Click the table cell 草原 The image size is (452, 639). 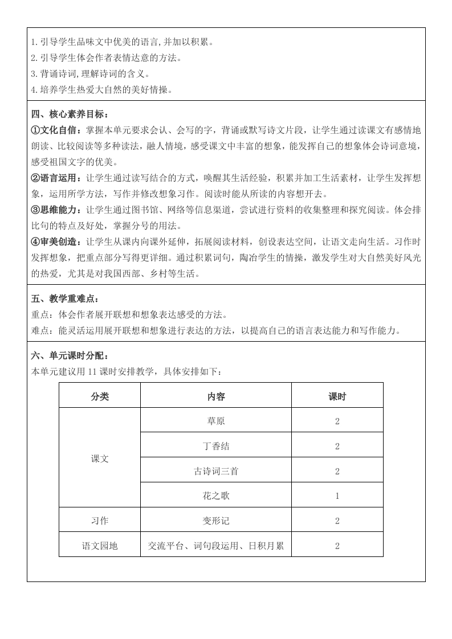pos(216,421)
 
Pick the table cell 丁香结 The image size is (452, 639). pos(216,446)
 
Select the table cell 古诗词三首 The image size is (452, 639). pos(216,471)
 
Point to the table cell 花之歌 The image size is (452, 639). pos(216,495)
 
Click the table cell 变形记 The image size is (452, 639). pos(216,521)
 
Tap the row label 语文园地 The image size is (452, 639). pos(100,546)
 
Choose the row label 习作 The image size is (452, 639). pos(100,521)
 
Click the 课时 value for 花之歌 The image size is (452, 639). pos(337,495)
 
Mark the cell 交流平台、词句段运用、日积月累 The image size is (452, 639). pos(216,546)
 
